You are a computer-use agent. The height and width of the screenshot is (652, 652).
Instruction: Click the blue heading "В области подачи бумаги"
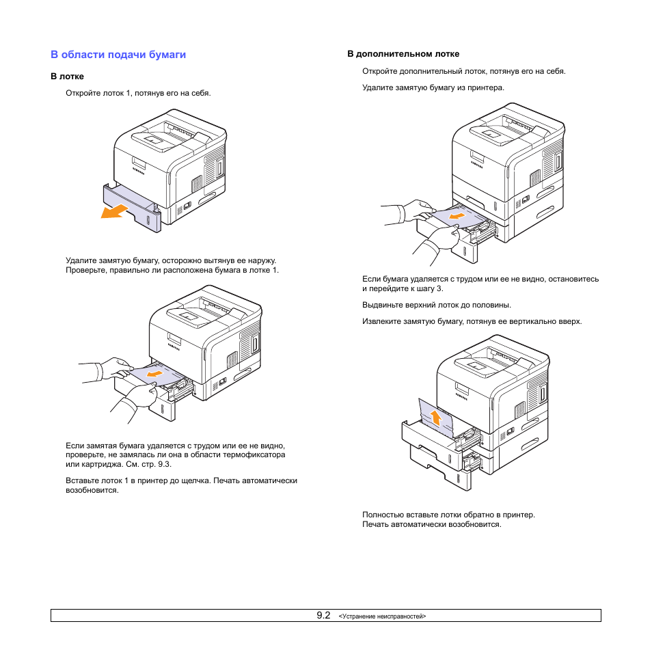[118, 55]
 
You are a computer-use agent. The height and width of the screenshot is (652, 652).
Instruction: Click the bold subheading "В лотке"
[67, 77]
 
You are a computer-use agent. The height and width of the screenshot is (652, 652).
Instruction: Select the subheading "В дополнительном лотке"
[403, 54]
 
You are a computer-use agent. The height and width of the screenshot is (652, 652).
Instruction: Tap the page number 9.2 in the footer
[323, 615]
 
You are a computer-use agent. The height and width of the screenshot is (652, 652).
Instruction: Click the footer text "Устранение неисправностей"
[382, 616]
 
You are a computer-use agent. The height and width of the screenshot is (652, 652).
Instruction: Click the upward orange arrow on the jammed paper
[435, 416]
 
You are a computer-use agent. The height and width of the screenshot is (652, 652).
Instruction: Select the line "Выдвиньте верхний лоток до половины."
[436, 305]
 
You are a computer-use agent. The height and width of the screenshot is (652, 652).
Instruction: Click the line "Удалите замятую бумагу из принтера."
[433, 87]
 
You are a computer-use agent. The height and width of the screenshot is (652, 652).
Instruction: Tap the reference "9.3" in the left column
[164, 465]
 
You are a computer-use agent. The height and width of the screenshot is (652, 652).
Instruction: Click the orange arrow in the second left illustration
[157, 374]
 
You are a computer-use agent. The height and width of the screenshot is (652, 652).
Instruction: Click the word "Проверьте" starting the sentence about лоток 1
[86, 270]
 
